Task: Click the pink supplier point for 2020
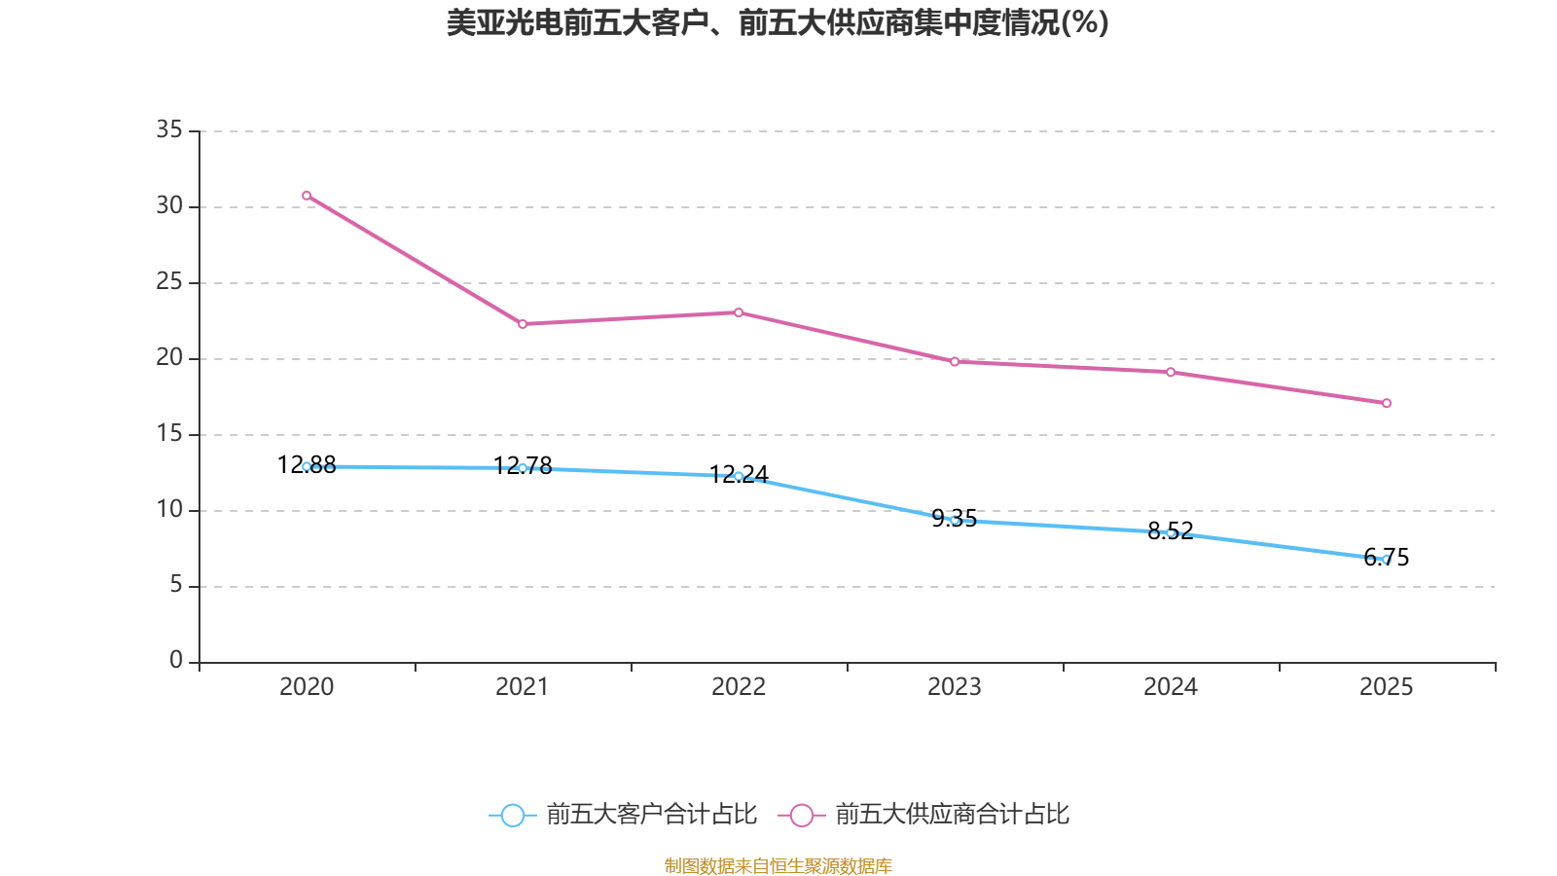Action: pyautogui.click(x=307, y=196)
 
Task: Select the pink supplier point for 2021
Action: pyautogui.click(x=523, y=324)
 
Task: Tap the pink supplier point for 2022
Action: pyautogui.click(x=739, y=312)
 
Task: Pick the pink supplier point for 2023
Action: pyautogui.click(x=955, y=362)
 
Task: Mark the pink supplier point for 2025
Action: pyautogui.click(x=1387, y=403)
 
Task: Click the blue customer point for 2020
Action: pyautogui.click(x=307, y=466)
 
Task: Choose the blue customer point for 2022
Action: pyautogui.click(x=739, y=476)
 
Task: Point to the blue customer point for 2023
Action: pyautogui.click(x=955, y=521)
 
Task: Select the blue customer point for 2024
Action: pyautogui.click(x=1171, y=532)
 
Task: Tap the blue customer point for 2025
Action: pyautogui.click(x=1387, y=560)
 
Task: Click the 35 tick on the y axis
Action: pyautogui.click(x=169, y=129)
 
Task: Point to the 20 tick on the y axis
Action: pyautogui.click(x=169, y=357)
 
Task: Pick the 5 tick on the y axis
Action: pyautogui.click(x=176, y=585)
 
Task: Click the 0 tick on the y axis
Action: pyautogui.click(x=176, y=661)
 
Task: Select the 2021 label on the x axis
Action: pyautogui.click(x=523, y=687)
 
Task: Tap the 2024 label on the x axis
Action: pyautogui.click(x=1171, y=687)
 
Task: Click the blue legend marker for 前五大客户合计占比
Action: pyautogui.click(x=513, y=815)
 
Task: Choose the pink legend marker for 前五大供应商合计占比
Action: pyautogui.click(x=802, y=815)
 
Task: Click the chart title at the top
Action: pyautogui.click(x=778, y=22)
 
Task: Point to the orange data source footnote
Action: pyautogui.click(x=778, y=865)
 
